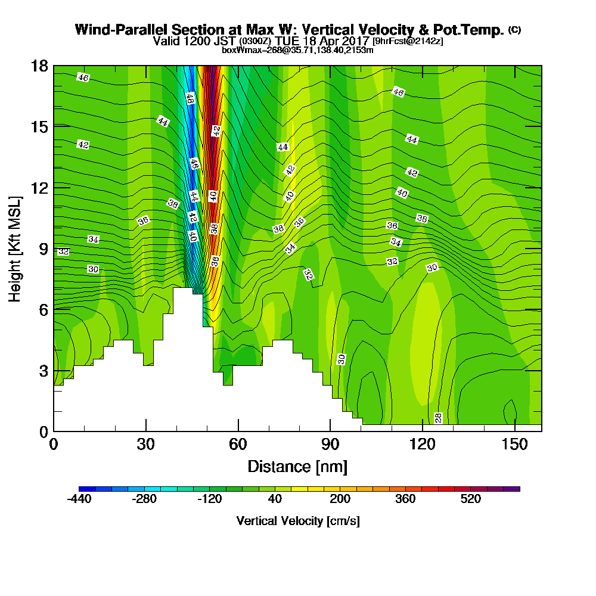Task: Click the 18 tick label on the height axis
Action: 39,66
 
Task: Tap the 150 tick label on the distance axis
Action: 514,444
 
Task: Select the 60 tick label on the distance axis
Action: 238,444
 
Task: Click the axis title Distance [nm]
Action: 297,466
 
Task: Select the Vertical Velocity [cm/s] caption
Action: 297,521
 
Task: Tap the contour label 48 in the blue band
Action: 190,99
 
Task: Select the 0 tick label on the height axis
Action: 42,431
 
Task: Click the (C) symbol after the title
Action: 514,30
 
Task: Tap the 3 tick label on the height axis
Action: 42,370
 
